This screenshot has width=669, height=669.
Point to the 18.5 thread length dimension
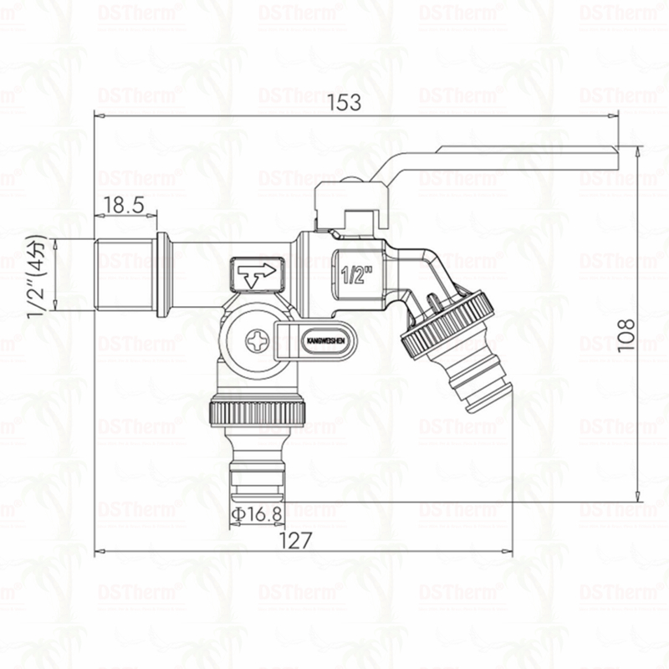(124, 204)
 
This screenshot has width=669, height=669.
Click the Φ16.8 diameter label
(256, 513)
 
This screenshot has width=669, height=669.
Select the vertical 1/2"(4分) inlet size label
(36, 276)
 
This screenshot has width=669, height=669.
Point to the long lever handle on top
(502, 158)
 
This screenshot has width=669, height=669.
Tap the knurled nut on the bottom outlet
(258, 411)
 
